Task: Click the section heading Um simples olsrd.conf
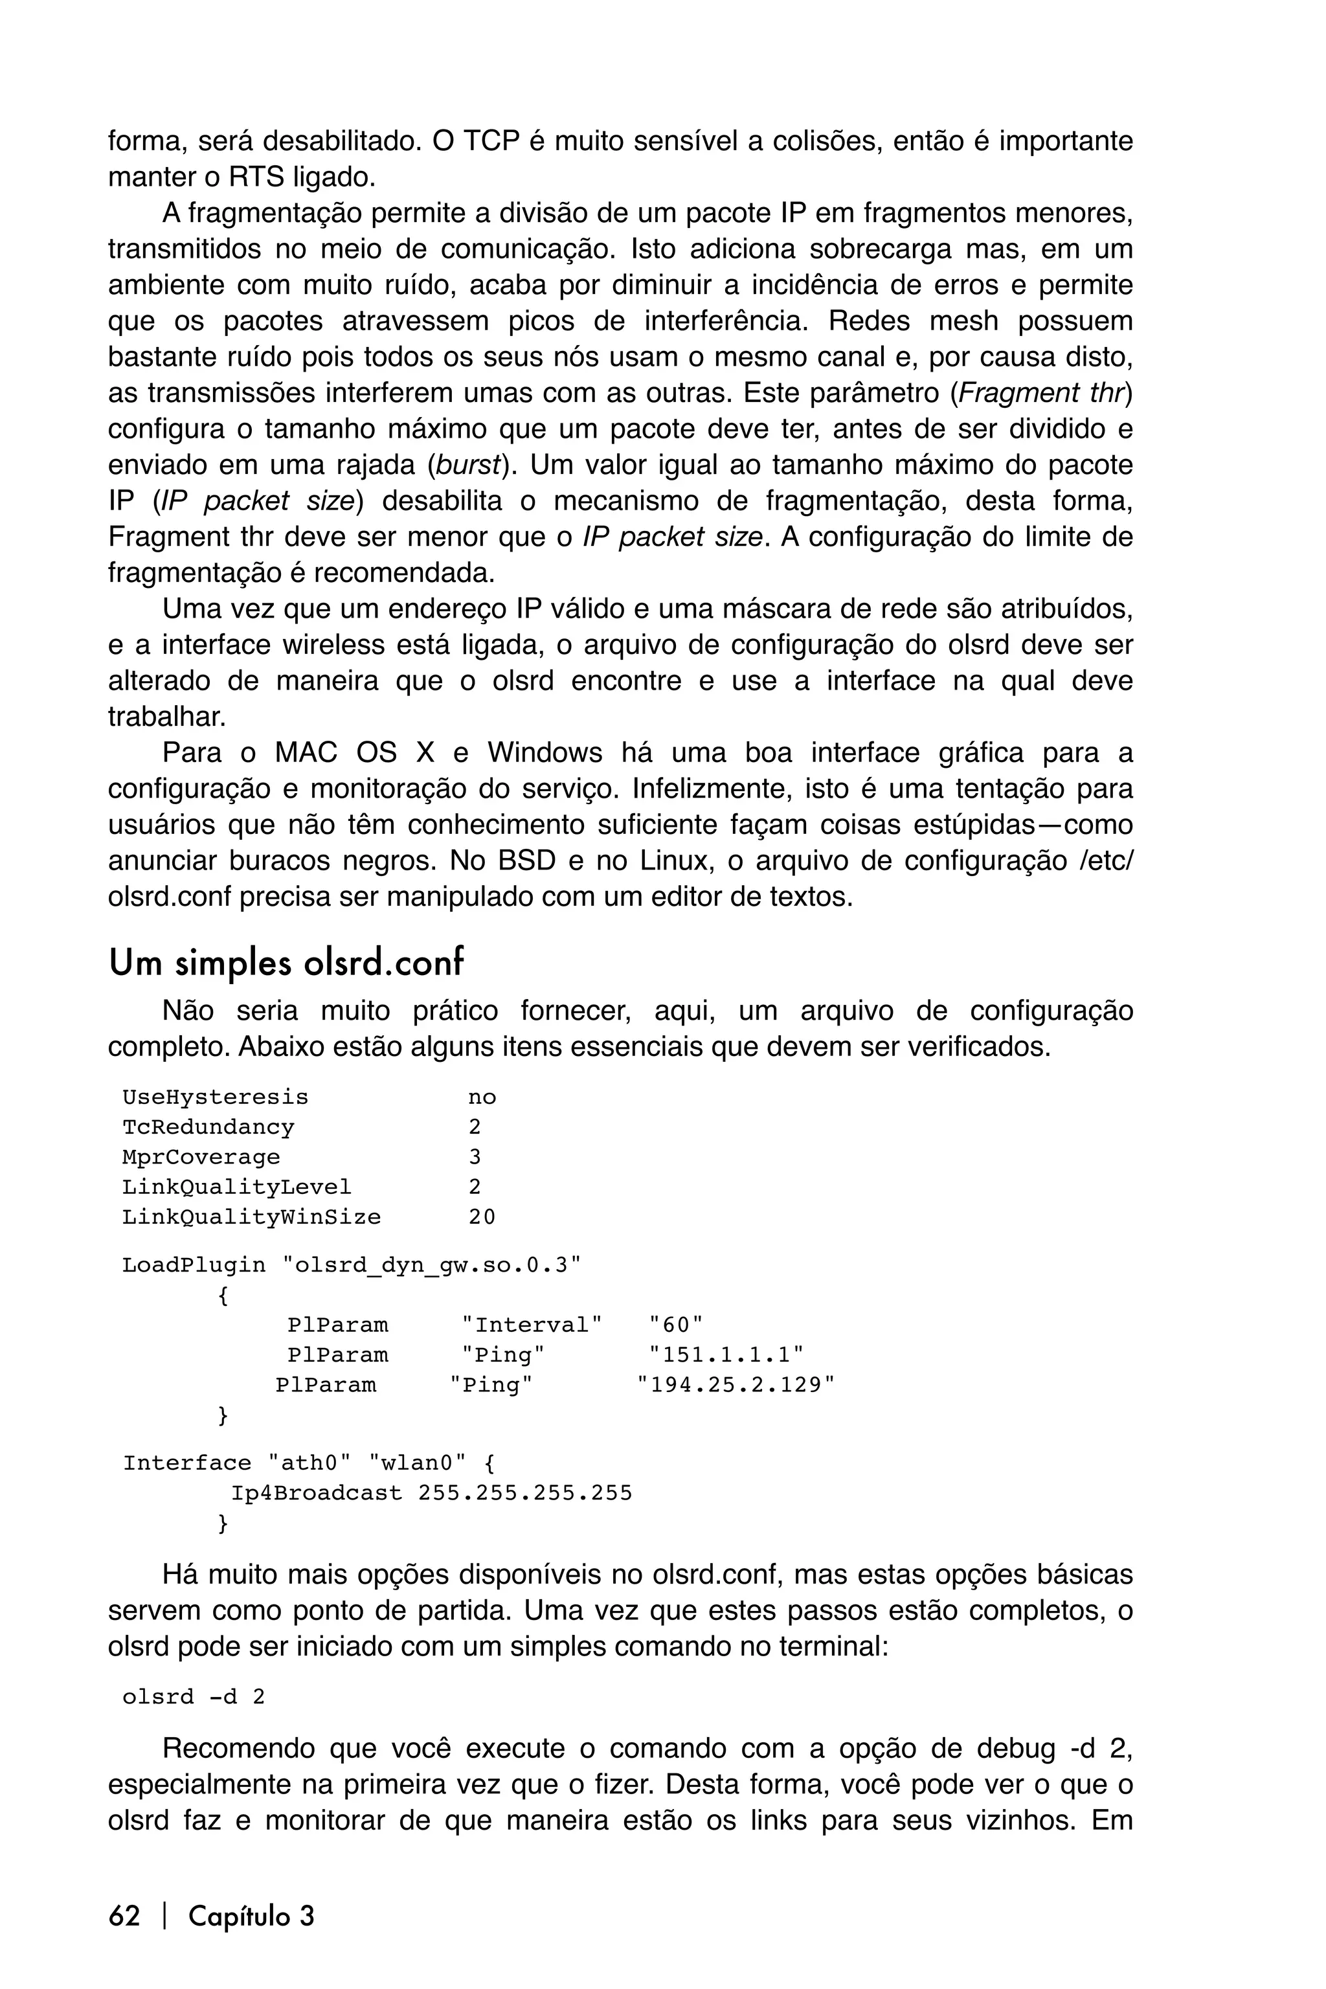[286, 963]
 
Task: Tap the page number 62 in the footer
[124, 1915]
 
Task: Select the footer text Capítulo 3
[251, 1915]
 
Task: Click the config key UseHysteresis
[215, 1097]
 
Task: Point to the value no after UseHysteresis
[482, 1097]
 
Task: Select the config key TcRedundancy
[208, 1127]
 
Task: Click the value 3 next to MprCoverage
[475, 1157]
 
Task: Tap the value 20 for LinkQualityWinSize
[482, 1217]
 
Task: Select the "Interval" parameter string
[532, 1325]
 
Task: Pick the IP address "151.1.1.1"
[726, 1354]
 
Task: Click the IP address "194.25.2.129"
[736, 1384]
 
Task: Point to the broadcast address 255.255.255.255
[525, 1494]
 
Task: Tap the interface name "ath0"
[309, 1464]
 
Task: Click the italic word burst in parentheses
[467, 465]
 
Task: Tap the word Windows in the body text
[544, 752]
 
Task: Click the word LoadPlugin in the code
[194, 1265]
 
